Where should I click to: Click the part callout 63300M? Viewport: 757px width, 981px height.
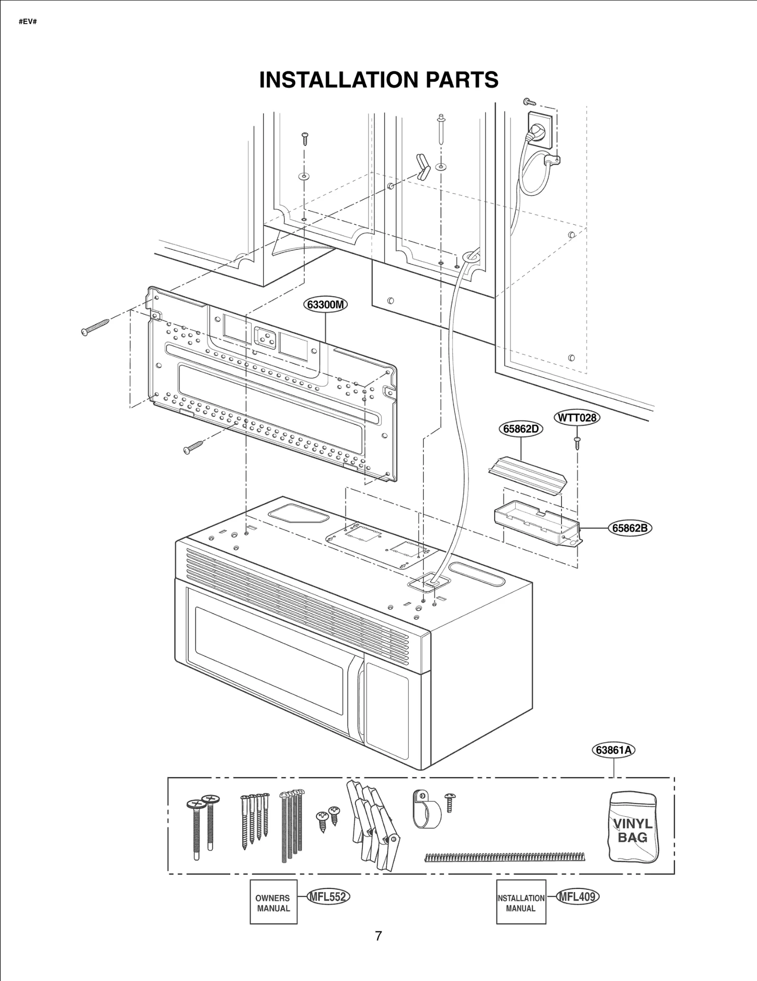pyautogui.click(x=325, y=304)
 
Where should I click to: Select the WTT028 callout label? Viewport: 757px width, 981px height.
pyautogui.click(x=576, y=418)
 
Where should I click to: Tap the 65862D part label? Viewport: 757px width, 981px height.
pyautogui.click(x=521, y=429)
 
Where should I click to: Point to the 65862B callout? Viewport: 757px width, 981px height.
pyautogui.click(x=629, y=528)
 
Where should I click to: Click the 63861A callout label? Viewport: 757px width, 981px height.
pyautogui.click(x=613, y=750)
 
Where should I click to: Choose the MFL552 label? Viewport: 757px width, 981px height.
pyautogui.click(x=328, y=896)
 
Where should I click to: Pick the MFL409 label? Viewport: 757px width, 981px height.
pyautogui.click(x=577, y=896)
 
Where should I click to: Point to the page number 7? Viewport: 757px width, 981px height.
pyautogui.click(x=378, y=936)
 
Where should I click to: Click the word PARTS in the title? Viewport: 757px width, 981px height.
pyautogui.click(x=461, y=80)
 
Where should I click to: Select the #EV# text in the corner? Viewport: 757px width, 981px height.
pyautogui.click(x=28, y=22)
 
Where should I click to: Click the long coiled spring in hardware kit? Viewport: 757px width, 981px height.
pyautogui.click(x=504, y=857)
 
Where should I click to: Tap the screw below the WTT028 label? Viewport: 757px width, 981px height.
pyautogui.click(x=577, y=443)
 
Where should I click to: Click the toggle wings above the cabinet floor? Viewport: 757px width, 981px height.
pyautogui.click(x=422, y=167)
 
